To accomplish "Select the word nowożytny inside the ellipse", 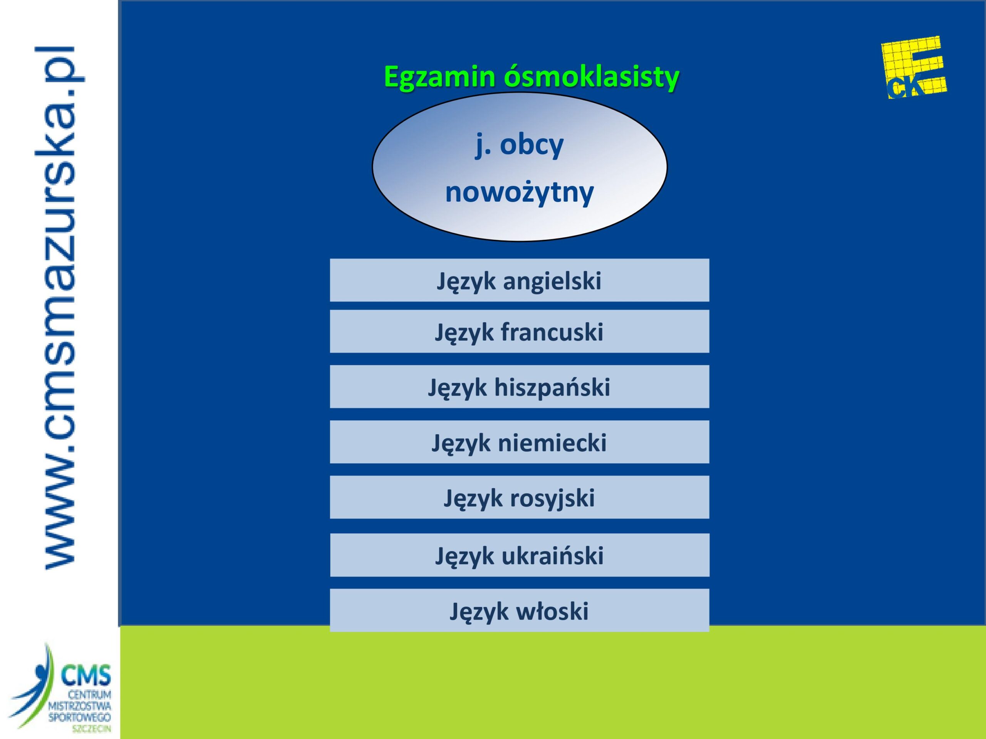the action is tap(519, 192).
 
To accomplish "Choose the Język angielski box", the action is tap(519, 280).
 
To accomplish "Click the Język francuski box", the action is tap(519, 331).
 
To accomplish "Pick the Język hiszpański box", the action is tap(519, 387).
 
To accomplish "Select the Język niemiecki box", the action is tap(519, 442).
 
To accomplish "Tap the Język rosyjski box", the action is tap(519, 497).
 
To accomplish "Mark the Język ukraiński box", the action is tap(519, 555).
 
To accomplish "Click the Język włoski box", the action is tap(519, 610).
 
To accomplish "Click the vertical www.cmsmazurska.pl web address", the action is tap(59, 308).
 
